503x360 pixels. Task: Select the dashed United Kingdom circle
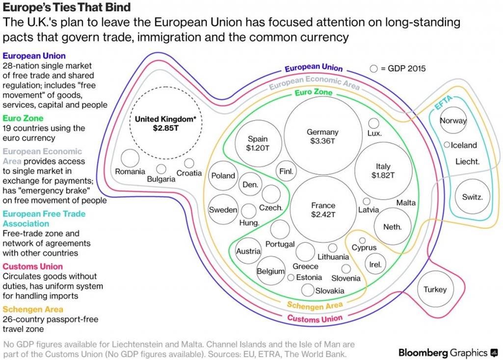pyautogui.click(x=165, y=87)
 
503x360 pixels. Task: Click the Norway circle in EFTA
pyautogui.click(x=453, y=107)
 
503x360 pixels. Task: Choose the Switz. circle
pyautogui.click(x=473, y=179)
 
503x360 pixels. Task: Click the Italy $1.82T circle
pyautogui.click(x=383, y=143)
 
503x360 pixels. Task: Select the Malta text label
pyautogui.click(x=406, y=203)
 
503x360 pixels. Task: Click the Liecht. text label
pyautogui.click(x=467, y=161)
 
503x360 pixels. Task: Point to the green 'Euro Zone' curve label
pyautogui.click(x=314, y=92)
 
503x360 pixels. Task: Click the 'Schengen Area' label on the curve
pyautogui.click(x=315, y=306)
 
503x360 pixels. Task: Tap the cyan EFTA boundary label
pyautogui.click(x=443, y=103)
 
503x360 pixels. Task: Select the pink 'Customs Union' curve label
pyautogui.click(x=315, y=318)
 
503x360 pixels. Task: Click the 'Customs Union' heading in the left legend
pyautogui.click(x=33, y=266)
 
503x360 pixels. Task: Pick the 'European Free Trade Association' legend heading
pyautogui.click(x=44, y=219)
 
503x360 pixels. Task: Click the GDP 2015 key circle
pyautogui.click(x=374, y=69)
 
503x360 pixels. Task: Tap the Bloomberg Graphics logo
pyautogui.click(x=448, y=353)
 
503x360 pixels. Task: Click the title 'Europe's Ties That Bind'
pyautogui.click(x=67, y=7)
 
